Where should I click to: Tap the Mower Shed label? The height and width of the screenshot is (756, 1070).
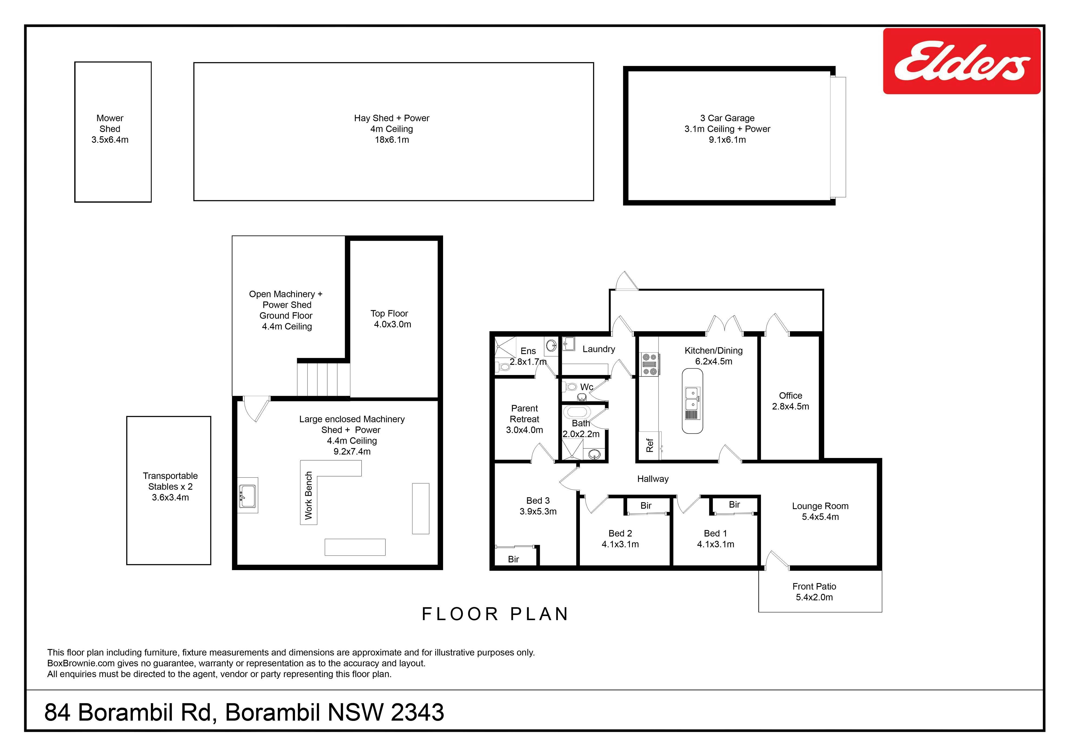110,123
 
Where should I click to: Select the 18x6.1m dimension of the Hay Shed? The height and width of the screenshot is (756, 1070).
392,140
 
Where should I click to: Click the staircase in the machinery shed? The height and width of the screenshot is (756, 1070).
323,379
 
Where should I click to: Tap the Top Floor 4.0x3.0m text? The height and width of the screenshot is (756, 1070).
391,319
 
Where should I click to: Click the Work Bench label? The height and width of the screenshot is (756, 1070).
308,496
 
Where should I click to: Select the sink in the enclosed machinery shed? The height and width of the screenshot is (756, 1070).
247,496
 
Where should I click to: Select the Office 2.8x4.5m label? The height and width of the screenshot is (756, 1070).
790,401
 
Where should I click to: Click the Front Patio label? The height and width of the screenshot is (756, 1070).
814,586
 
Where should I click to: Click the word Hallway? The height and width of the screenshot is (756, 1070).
653,479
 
